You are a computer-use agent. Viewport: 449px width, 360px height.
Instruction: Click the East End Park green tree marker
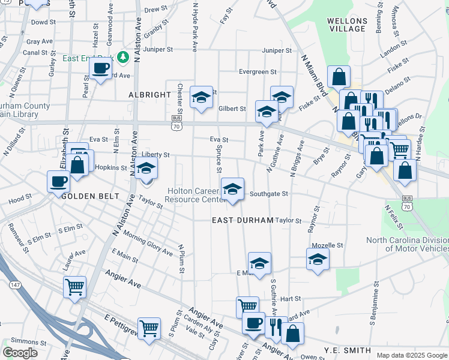click(124, 57)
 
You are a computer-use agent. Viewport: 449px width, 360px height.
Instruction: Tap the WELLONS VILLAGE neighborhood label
click(346, 25)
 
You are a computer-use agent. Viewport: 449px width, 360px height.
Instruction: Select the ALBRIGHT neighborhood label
click(149, 95)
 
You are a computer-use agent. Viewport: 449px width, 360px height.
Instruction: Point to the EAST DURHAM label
click(243, 220)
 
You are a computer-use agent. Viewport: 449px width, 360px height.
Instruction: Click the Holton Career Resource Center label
click(193, 195)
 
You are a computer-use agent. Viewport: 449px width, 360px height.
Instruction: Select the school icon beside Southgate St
click(233, 189)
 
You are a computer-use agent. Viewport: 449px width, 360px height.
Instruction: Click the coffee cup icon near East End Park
click(101, 67)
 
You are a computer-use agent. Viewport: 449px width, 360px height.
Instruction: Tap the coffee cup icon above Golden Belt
click(59, 181)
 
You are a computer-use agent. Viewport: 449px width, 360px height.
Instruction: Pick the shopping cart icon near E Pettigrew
click(149, 328)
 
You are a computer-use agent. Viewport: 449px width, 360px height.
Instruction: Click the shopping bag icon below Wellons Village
click(339, 76)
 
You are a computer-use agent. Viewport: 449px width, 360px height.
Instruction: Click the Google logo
click(20, 353)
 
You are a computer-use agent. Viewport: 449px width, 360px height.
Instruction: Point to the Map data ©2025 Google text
click(411, 355)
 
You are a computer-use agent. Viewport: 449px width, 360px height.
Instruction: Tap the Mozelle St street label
click(327, 245)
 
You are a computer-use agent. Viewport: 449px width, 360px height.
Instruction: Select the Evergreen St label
click(258, 71)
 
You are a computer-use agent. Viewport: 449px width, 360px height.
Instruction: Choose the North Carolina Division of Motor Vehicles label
click(408, 244)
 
